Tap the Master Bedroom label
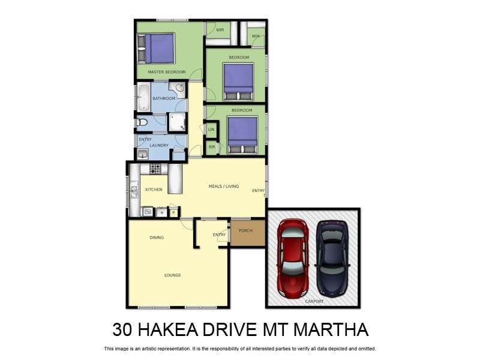[x=166, y=72]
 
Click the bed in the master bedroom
[x=157, y=49]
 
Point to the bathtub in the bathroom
[x=143, y=97]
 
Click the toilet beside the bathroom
[x=142, y=122]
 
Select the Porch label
[x=245, y=230]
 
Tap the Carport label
[x=314, y=301]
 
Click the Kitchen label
[x=154, y=190]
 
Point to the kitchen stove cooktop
[x=155, y=170]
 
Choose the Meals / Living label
[x=223, y=187]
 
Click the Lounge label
[x=173, y=275]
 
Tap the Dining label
[x=157, y=238]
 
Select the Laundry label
[x=158, y=146]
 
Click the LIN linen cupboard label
[x=211, y=129]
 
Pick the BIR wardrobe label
[x=211, y=146]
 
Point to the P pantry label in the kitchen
[x=173, y=212]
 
